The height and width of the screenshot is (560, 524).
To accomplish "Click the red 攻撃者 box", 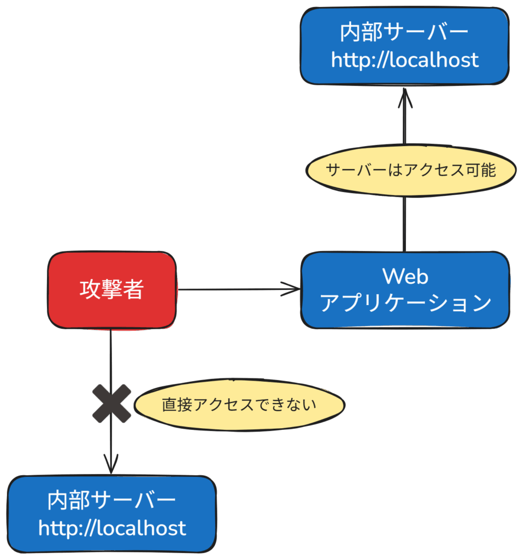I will click(x=112, y=290).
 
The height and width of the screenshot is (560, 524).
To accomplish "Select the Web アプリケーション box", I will click(x=405, y=290).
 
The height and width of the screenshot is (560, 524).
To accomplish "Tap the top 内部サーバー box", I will click(x=404, y=46).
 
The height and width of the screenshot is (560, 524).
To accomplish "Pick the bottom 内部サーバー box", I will click(x=111, y=514).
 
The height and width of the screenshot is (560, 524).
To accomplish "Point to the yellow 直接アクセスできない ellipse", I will click(x=239, y=405).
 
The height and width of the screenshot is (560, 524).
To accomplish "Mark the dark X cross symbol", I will click(x=111, y=404).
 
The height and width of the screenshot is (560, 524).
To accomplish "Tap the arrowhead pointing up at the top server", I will click(x=404, y=97).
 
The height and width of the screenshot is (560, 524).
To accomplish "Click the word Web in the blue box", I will click(x=405, y=277).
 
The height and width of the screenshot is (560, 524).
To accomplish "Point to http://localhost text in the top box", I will click(x=404, y=60).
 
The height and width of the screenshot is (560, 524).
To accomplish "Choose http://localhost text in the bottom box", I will click(x=112, y=528).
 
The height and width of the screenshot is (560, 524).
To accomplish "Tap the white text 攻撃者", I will click(x=112, y=289).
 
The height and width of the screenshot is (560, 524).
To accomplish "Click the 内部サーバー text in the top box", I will click(x=404, y=33).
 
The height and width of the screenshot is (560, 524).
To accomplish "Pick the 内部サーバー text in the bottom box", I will click(x=111, y=500).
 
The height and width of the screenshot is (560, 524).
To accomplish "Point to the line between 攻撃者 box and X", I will click(x=111, y=355).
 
